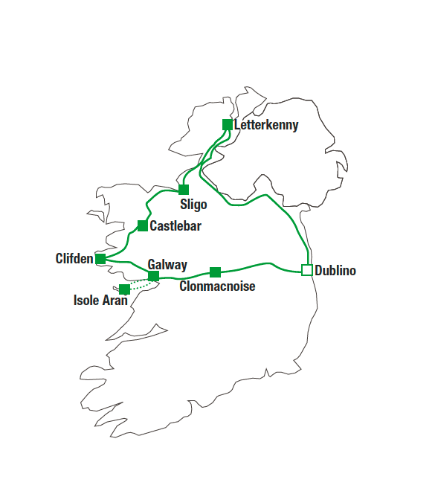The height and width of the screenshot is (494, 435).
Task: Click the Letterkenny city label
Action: [266, 125]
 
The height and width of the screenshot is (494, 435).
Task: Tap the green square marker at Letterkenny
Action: [228, 124]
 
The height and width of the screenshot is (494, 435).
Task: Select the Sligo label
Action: [193, 205]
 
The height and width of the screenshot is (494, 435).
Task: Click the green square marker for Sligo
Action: [184, 190]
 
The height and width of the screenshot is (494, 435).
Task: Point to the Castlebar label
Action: [175, 226]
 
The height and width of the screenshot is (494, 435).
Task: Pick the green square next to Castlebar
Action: [143, 225]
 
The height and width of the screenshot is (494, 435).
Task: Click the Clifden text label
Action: [74, 258]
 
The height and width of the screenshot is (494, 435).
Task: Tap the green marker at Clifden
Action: [100, 259]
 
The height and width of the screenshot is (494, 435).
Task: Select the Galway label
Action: [167, 265]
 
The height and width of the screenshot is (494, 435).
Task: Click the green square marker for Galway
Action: [153, 276]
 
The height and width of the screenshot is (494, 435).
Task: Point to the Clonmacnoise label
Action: [217, 286]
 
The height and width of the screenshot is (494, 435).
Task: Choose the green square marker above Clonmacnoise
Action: [215, 272]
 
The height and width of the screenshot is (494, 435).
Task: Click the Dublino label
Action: [335, 270]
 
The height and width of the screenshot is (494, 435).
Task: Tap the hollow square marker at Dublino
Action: [307, 270]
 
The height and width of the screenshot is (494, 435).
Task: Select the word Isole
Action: [86, 300]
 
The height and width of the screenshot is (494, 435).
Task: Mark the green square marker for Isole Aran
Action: [124, 289]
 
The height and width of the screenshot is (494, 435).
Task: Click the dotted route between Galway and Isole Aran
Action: [142, 284]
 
